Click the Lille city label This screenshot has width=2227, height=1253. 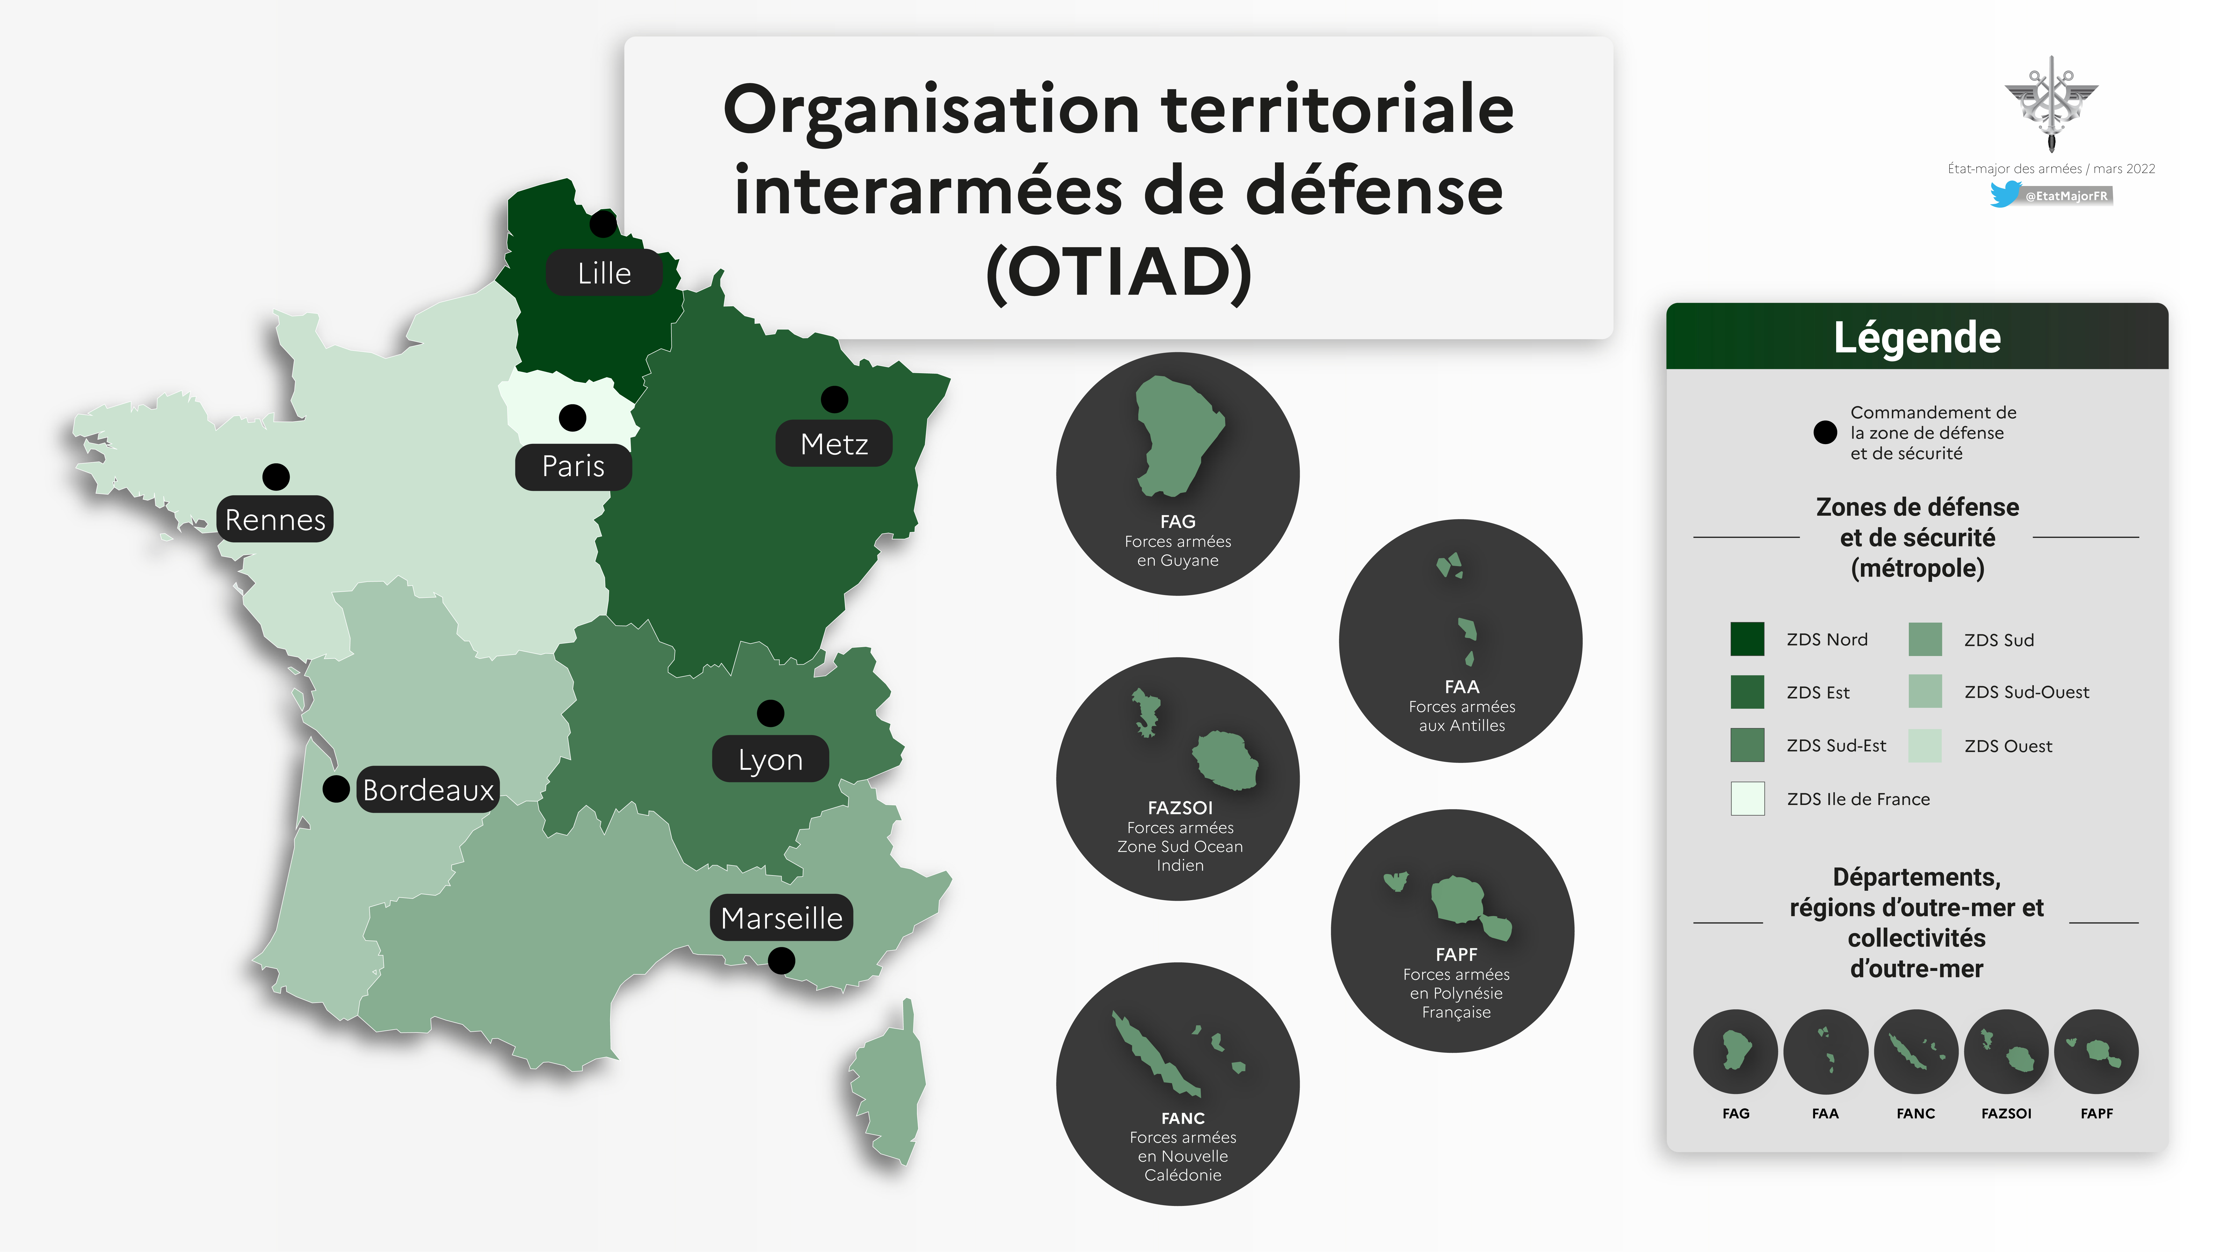(x=604, y=273)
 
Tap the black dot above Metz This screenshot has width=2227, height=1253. (x=834, y=400)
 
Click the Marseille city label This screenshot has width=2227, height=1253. (x=781, y=917)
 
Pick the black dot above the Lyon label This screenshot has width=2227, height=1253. (x=770, y=713)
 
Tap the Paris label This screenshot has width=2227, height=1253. (x=573, y=466)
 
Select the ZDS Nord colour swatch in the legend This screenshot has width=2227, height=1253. (x=1747, y=639)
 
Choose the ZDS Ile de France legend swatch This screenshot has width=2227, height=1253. (x=1747, y=798)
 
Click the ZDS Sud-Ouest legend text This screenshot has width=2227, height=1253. (x=2027, y=692)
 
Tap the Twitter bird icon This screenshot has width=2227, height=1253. (x=2006, y=195)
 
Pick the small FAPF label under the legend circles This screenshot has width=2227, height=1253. (x=2096, y=1113)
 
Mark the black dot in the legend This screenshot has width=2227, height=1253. (x=1825, y=432)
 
